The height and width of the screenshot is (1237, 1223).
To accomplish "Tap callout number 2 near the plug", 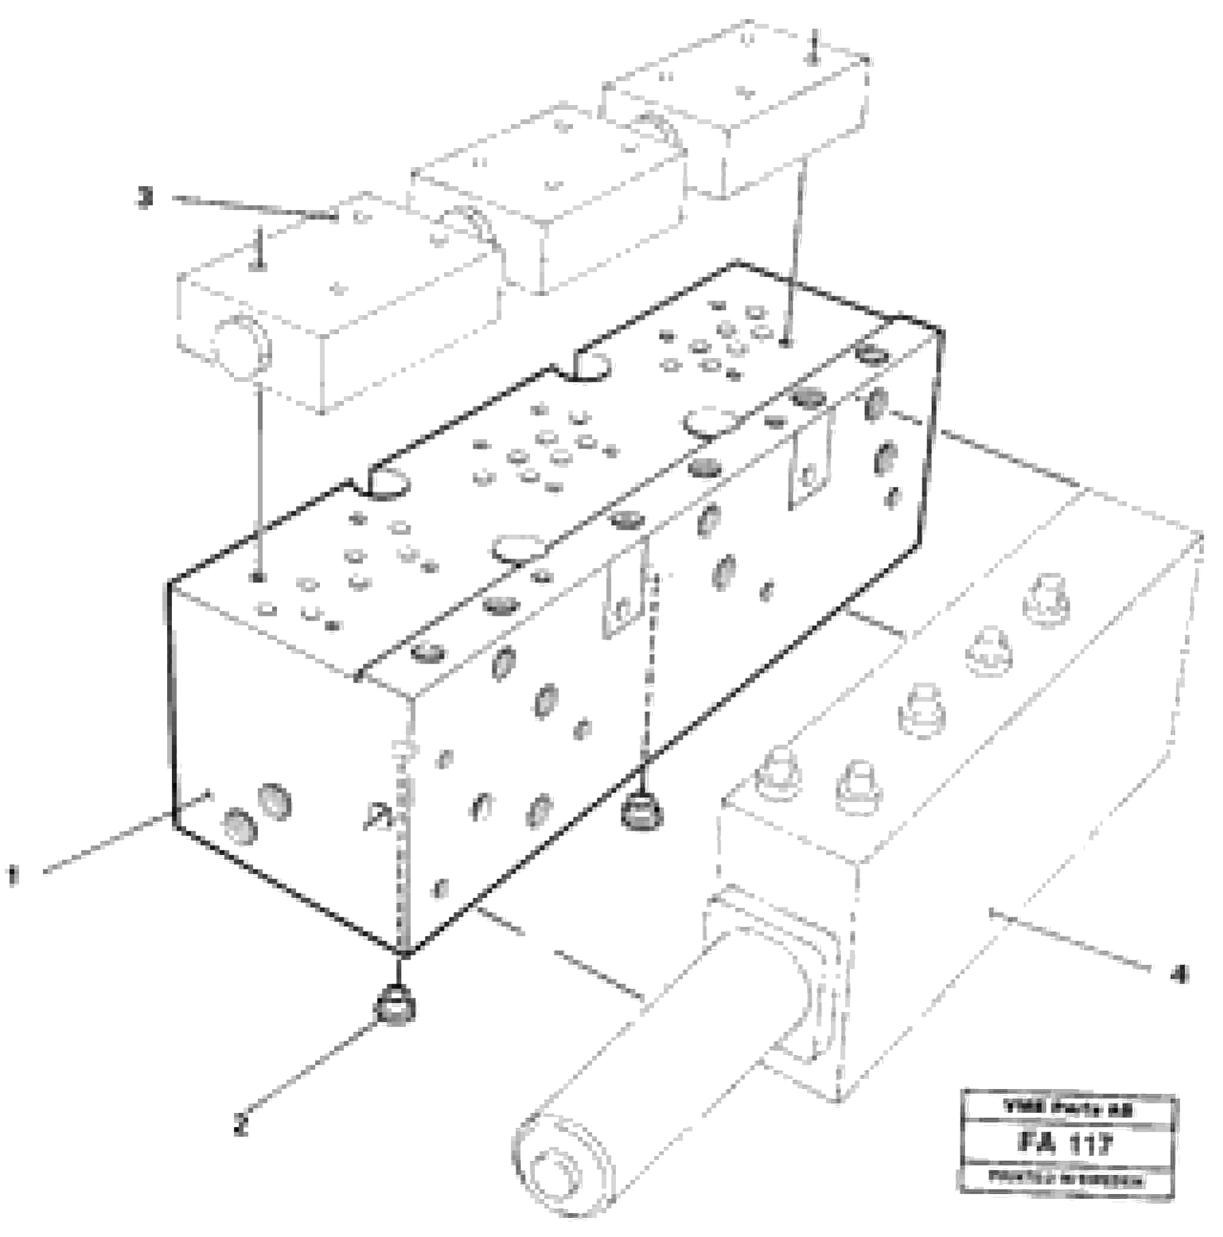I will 240,1124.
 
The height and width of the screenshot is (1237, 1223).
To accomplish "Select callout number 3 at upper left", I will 146,199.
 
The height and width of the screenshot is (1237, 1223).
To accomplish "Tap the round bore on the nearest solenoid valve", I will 243,346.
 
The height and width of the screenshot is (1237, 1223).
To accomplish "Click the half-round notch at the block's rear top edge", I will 588,366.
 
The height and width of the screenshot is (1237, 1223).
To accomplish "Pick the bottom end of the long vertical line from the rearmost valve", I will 788,344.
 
